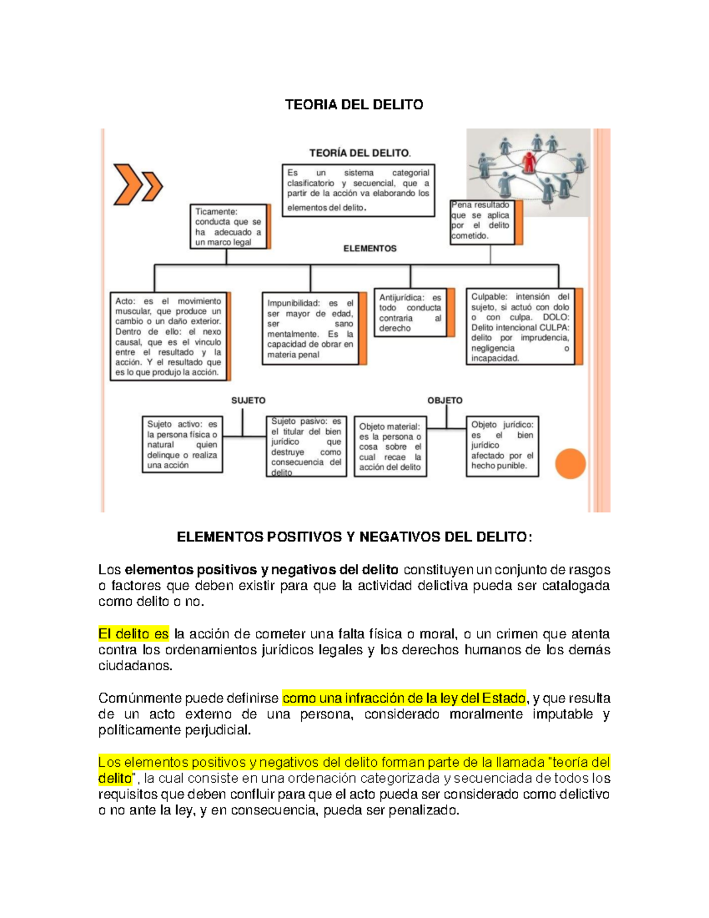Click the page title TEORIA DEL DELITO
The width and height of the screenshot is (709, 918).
coord(354,105)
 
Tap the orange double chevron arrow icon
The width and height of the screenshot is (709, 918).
coord(138,184)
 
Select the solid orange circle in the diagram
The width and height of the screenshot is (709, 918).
coord(570,464)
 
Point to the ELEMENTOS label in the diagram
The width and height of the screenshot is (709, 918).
coord(370,249)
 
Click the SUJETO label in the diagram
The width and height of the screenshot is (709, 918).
coord(248,400)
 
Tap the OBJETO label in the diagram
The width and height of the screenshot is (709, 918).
coord(445,400)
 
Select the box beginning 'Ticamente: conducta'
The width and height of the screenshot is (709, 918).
coord(228,226)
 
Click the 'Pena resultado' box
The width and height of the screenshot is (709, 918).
coord(482,222)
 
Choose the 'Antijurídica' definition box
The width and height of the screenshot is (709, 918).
coord(411,313)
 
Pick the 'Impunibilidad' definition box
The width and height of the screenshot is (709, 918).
coord(310,329)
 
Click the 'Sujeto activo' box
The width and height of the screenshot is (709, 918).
coord(182,445)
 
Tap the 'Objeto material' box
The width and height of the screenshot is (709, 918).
coord(390,446)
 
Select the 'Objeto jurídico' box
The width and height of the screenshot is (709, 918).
coord(502,446)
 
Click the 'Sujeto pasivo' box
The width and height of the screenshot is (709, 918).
coord(306,446)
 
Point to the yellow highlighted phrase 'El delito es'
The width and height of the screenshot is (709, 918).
coord(134,634)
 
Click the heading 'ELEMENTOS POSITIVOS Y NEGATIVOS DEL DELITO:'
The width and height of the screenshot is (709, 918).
coord(354,537)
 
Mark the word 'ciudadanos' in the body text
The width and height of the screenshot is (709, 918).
coord(135,666)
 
